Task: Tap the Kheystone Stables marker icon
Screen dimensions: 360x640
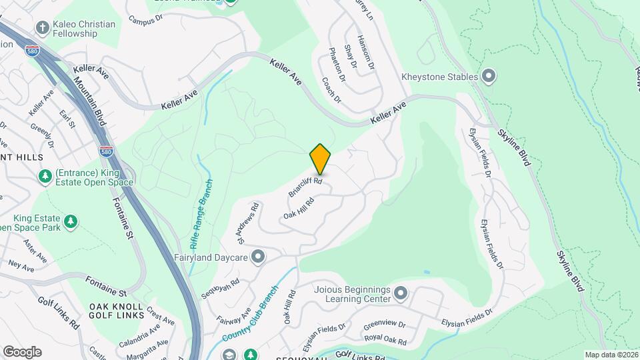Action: pos(489,77)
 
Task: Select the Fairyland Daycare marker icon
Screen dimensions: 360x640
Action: pos(258,257)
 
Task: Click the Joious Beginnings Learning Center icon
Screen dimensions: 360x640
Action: pos(400,293)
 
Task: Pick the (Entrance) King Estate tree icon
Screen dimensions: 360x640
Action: pos(45,177)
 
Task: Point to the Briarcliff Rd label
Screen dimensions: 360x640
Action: pos(305,186)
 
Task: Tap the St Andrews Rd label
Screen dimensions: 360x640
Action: pos(241,223)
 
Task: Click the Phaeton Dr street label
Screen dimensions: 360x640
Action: pos(337,65)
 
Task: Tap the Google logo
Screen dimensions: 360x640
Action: pos(22,351)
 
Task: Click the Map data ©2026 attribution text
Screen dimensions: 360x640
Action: pos(611,355)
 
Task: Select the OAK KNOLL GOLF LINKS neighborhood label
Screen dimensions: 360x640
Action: pos(117,310)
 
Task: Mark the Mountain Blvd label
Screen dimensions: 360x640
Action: pos(89,101)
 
